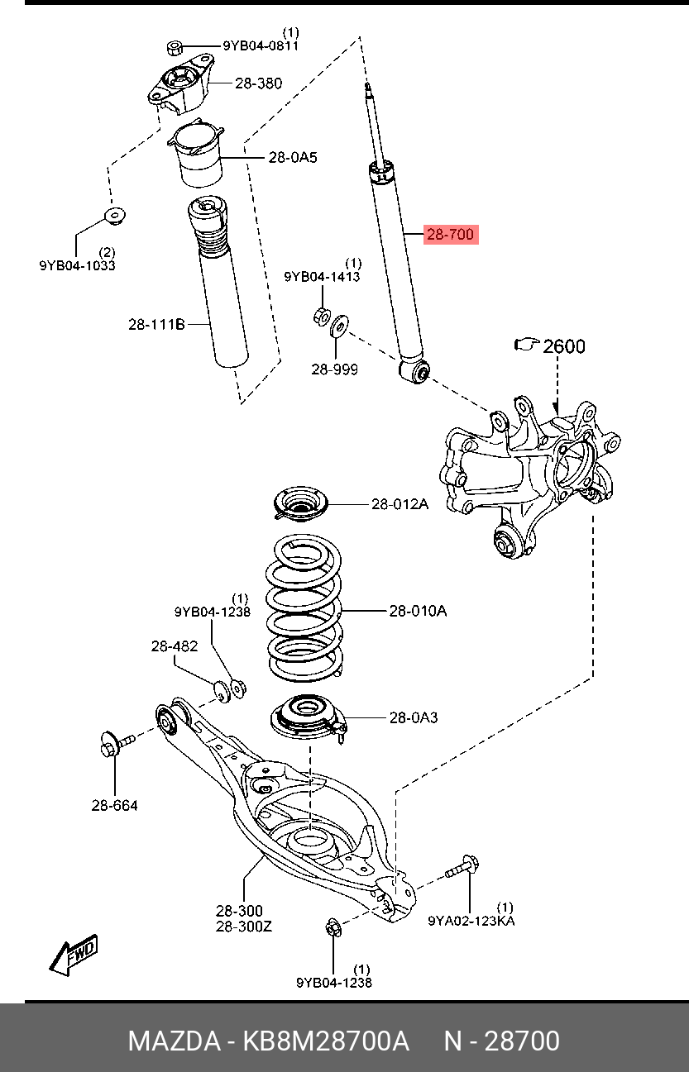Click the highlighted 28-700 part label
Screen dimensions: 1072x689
click(450, 235)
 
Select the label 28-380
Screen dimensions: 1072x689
click(257, 83)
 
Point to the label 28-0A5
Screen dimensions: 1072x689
click(292, 157)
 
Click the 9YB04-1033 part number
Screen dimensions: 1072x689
click(77, 265)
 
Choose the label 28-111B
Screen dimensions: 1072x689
click(156, 324)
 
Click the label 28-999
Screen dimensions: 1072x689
click(334, 369)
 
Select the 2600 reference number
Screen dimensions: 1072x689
click(563, 345)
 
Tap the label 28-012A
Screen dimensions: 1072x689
click(400, 503)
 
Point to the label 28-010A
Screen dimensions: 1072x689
click(418, 612)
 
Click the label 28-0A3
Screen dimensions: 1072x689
click(414, 717)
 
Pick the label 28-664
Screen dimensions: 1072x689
click(114, 805)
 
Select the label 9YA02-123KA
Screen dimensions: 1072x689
click(471, 920)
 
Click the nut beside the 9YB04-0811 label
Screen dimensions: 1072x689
click(175, 45)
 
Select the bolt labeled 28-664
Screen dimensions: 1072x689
click(113, 744)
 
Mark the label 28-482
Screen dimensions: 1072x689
click(174, 646)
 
